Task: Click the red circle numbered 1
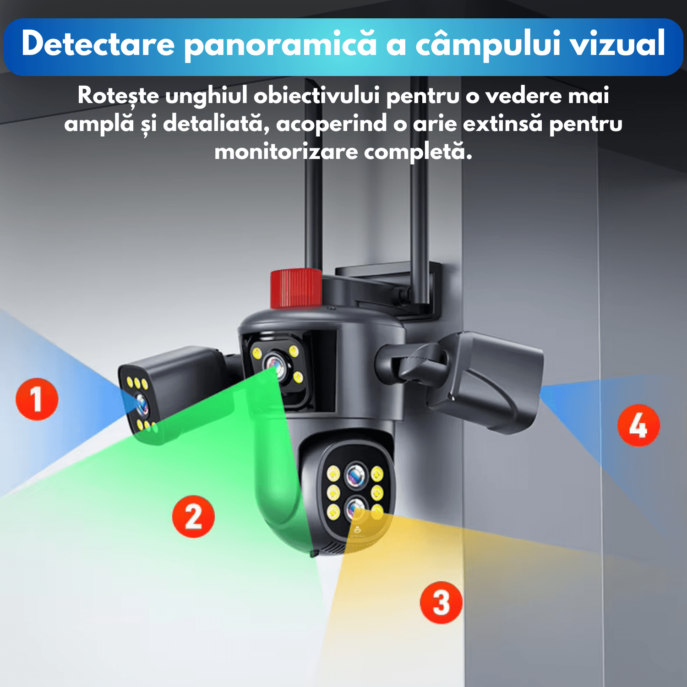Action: (x=37, y=399)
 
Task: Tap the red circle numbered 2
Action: (x=193, y=516)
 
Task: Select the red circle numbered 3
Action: (x=441, y=602)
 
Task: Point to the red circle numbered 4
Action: (x=638, y=425)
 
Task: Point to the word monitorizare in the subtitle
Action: (x=286, y=152)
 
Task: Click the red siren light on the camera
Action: (x=296, y=288)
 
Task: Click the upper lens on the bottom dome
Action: (x=356, y=475)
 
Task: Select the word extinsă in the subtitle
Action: (x=503, y=124)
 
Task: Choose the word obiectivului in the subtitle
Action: (x=316, y=96)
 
